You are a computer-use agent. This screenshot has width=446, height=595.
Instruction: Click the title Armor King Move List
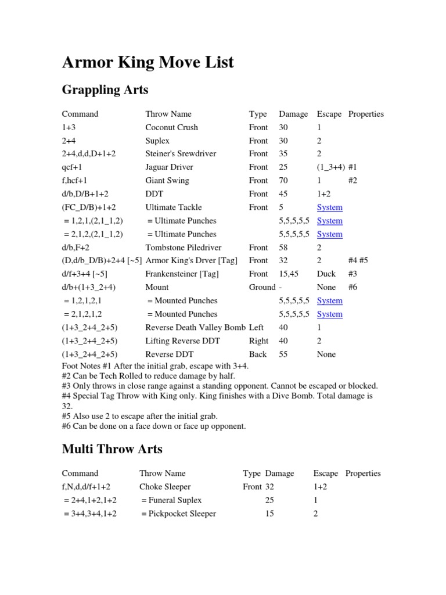[x=148, y=62]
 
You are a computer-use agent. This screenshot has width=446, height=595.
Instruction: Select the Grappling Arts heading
[x=105, y=90]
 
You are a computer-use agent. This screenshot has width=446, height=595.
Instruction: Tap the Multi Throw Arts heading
[x=112, y=449]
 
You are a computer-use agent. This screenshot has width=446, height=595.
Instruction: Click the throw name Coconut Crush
[x=171, y=127]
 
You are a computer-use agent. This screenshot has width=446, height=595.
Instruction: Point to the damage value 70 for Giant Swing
[x=284, y=181]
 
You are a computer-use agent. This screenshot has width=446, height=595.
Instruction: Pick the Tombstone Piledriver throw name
[x=181, y=248]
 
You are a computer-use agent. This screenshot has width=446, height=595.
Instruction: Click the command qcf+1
[x=74, y=167]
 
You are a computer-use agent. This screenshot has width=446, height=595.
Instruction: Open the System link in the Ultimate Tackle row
[x=329, y=207]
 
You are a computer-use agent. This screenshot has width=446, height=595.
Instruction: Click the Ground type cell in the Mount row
[x=262, y=288]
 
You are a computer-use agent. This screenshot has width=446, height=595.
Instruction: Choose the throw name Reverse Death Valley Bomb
[x=196, y=328]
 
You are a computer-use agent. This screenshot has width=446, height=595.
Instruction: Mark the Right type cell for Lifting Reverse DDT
[x=258, y=341]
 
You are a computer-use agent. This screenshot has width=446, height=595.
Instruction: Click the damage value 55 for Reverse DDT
[x=284, y=354]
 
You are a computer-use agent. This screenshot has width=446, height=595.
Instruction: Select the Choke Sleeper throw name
[x=165, y=487]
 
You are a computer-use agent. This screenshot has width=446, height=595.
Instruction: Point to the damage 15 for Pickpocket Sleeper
[x=270, y=514]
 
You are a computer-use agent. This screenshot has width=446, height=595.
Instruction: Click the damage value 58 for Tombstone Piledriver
[x=284, y=248]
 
